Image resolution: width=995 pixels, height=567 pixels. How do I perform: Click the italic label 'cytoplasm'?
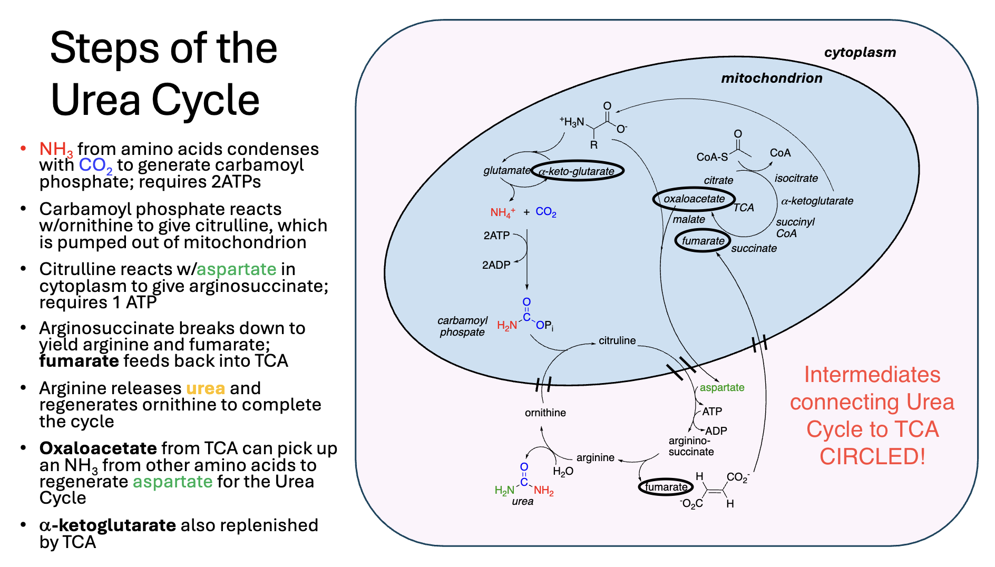860,52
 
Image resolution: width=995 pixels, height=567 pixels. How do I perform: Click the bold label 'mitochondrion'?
771,78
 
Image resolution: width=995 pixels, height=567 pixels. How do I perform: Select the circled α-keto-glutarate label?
577,171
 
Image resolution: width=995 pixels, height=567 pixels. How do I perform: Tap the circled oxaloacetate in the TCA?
694,199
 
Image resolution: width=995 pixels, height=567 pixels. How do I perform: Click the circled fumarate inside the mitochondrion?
703,241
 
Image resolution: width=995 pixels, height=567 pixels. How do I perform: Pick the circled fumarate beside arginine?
666,487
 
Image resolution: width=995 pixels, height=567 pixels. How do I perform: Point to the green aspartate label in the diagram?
721,387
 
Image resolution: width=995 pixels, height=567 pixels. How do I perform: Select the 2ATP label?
496,235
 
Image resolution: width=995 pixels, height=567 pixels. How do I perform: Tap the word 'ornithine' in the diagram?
545,413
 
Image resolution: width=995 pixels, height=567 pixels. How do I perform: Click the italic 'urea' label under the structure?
522,501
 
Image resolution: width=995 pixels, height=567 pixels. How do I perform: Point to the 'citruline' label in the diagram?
617,340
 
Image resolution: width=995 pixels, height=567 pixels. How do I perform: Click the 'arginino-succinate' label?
690,446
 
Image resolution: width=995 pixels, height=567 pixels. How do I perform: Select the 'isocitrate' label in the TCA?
796,178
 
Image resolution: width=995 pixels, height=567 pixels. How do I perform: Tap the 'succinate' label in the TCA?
754,248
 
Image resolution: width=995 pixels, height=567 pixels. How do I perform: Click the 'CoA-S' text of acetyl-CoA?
711,157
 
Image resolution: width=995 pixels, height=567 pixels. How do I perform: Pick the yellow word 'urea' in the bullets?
205,388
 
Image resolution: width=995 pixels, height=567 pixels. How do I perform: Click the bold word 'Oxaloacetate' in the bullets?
98,448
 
